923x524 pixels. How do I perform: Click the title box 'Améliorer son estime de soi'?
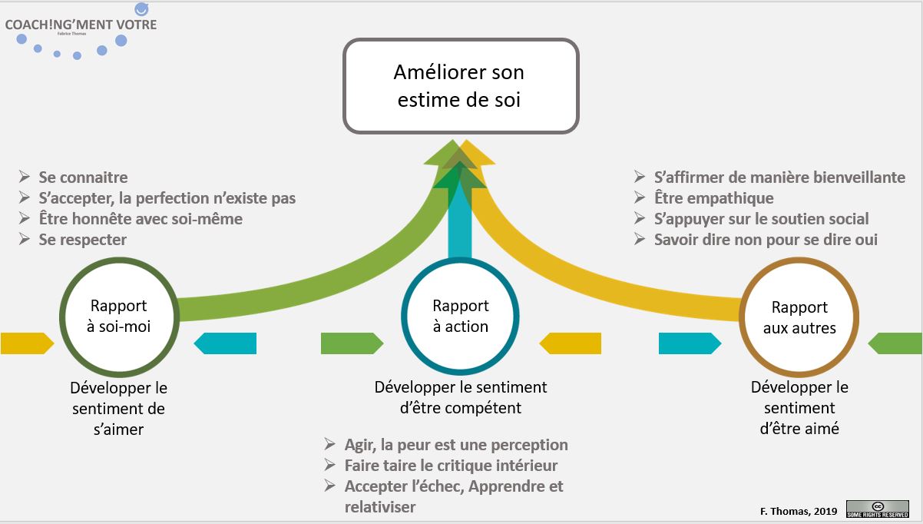click(x=460, y=86)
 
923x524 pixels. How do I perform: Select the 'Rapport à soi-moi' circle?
click(x=118, y=315)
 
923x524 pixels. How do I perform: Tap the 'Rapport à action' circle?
click(x=460, y=315)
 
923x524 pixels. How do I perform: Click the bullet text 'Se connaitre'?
click(x=83, y=177)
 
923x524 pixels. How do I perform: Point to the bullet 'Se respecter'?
click(x=82, y=240)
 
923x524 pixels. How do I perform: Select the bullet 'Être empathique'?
click(x=713, y=198)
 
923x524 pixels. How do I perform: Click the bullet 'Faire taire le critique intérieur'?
click(x=451, y=466)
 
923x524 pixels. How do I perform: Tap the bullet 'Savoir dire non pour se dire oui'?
click(x=765, y=240)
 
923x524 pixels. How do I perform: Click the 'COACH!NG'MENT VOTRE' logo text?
click(x=81, y=25)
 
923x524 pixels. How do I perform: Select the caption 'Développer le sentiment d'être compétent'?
click(x=460, y=398)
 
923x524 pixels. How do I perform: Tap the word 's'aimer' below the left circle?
click(x=118, y=429)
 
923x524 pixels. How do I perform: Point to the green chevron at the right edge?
click(x=897, y=343)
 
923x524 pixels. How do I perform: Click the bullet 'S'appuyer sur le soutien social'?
click(x=761, y=219)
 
